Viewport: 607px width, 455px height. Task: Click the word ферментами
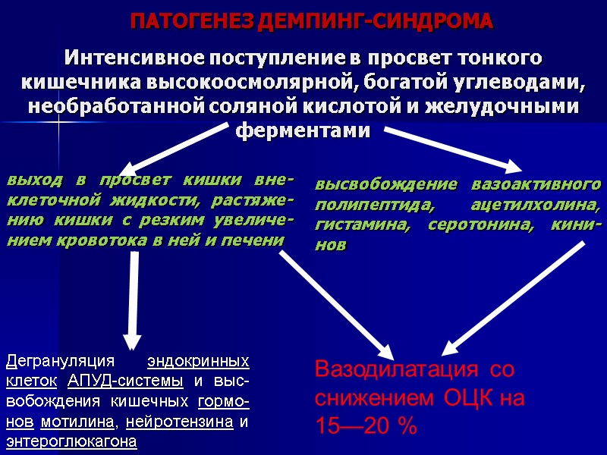click(x=303, y=130)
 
